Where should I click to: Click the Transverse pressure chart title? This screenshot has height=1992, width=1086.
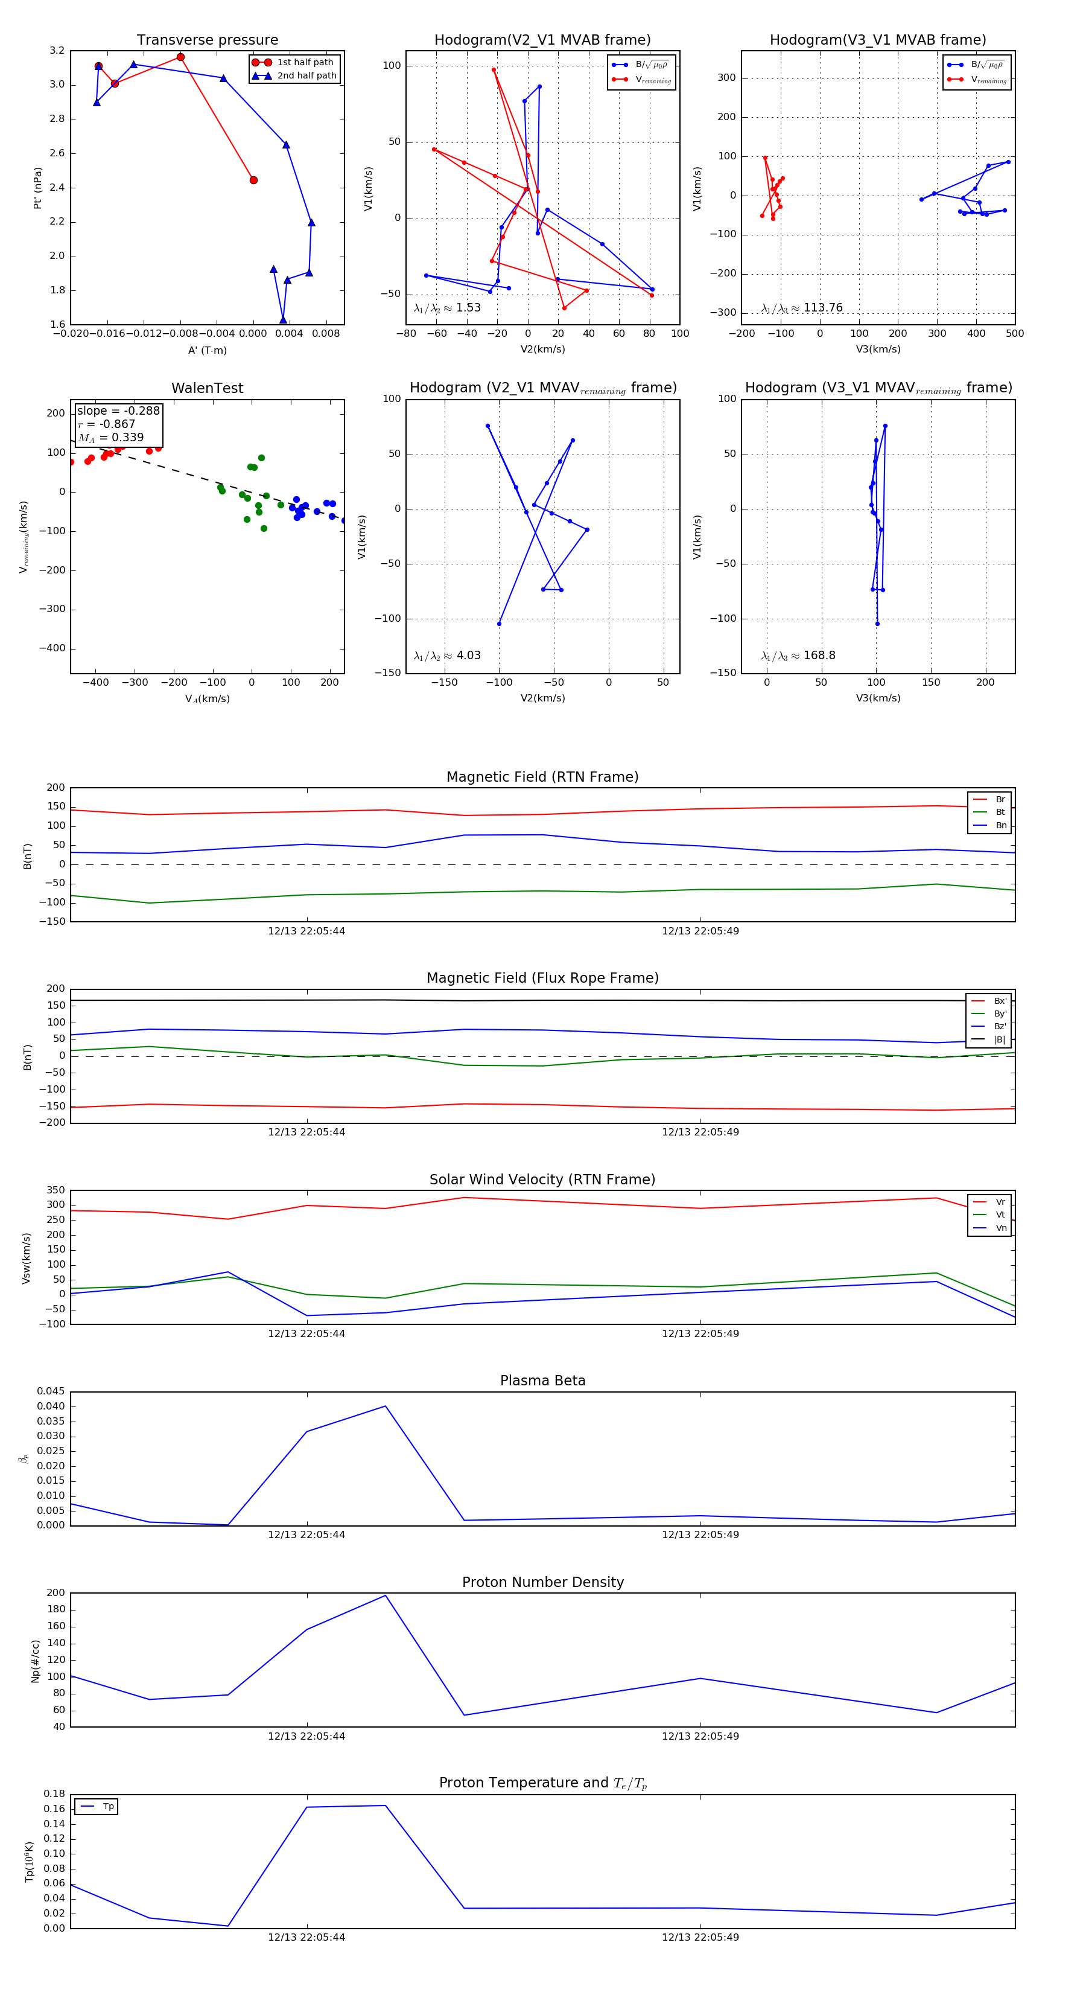207,40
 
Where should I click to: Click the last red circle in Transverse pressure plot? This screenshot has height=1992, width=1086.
253,180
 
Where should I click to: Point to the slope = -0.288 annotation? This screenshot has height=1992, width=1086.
118,410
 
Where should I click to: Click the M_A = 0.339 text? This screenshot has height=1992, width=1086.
110,438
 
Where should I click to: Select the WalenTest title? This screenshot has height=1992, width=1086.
207,388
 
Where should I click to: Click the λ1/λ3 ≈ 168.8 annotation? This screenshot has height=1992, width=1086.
798,656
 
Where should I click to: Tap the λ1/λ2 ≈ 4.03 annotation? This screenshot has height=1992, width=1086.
446,656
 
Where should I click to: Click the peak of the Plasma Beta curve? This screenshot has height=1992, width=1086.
386,1406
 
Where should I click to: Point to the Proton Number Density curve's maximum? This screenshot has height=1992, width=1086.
386,1595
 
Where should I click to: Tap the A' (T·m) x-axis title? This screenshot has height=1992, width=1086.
207,350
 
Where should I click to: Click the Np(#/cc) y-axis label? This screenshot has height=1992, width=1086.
35,1660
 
